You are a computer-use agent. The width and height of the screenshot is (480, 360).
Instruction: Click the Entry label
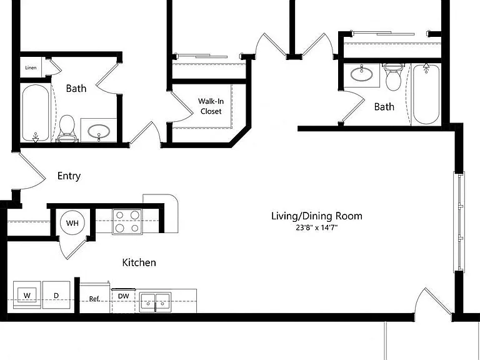pos(69,176)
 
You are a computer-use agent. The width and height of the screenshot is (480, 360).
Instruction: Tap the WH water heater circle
pos(72,223)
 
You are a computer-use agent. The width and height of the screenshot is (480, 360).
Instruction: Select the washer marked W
pos(27,295)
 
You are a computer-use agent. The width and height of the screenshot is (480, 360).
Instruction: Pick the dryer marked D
pos(56,295)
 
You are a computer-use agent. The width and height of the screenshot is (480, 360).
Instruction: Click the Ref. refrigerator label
pos(94,299)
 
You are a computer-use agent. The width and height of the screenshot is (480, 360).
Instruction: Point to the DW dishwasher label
pos(123,296)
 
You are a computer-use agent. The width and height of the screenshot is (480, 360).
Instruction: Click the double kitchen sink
pos(155,302)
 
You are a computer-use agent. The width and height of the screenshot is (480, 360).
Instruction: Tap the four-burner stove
pos(127,222)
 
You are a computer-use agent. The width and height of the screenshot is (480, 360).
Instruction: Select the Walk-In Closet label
pos(211,106)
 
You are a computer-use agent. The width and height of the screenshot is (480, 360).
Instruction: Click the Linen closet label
pos(31,67)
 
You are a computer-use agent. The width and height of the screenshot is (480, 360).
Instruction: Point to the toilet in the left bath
pos(67,129)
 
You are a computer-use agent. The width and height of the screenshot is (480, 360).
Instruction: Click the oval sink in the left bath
pos(99,132)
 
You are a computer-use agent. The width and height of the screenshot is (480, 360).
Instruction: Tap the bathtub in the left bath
pos(36,114)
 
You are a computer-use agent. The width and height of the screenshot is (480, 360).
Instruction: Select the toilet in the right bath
pos(393,77)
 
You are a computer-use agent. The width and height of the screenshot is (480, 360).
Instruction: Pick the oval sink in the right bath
pos(361,74)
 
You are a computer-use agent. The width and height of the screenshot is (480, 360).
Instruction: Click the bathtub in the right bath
pos(426,94)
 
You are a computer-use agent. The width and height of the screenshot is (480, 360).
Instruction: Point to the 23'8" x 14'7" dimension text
pos(316,227)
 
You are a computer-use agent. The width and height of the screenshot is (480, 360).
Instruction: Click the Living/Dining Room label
pos(317,216)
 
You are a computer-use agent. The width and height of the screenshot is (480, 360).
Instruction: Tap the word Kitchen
pos(139,262)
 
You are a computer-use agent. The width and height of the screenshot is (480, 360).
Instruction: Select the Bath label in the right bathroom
pos(384,106)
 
